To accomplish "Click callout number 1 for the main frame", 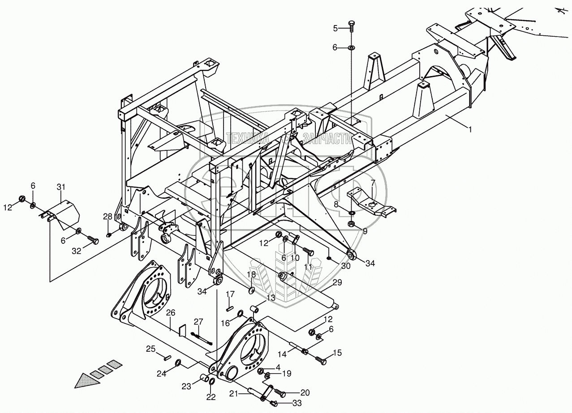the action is point(469,129).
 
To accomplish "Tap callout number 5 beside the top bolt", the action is point(335,28).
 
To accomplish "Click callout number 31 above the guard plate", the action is point(61,187).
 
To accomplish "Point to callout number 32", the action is point(76,251).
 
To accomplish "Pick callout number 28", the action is point(108,217).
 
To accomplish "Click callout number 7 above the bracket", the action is point(373,183).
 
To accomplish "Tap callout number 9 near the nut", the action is point(365,231).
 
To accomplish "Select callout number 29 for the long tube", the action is point(337,282).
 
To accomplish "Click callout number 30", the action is point(346,266).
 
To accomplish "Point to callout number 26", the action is point(171,312).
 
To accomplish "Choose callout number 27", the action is point(198,322).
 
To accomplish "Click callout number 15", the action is point(337,353).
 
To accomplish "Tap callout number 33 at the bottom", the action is point(297,403).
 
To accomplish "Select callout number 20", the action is point(305,392).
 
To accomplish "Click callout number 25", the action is point(151,349).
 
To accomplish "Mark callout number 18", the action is point(251,274).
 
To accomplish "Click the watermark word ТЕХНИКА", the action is point(247,139).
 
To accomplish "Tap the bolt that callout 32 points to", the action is point(93,240).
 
